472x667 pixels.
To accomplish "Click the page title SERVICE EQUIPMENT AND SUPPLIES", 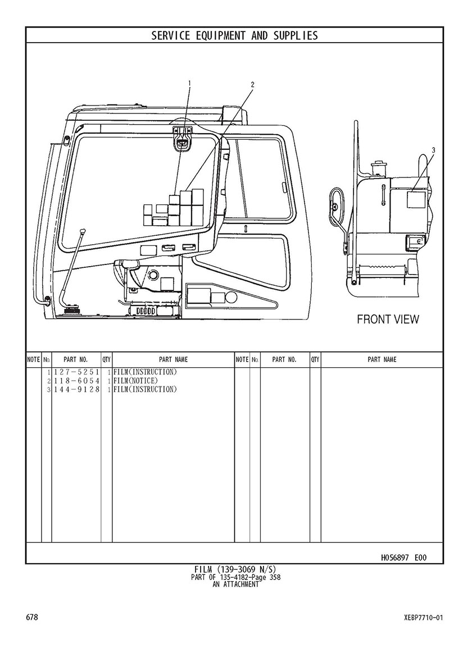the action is tap(234, 35).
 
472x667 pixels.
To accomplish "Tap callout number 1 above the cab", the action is tap(189, 83).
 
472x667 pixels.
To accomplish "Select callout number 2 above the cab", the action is tap(252, 84).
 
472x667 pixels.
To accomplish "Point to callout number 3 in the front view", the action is tap(434, 150).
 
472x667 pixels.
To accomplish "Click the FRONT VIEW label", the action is tap(388, 319).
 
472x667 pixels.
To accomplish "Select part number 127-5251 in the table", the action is tap(76, 372).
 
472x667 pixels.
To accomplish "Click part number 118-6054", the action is tap(76, 381).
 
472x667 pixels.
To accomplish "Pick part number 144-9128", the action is tap(76, 389).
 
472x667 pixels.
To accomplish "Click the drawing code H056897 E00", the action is tap(403, 558).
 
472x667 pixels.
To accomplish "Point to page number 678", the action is tap(32, 617).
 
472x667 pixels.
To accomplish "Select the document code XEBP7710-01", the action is tap(424, 618).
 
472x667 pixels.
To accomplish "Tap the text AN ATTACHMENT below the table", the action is tap(235, 584).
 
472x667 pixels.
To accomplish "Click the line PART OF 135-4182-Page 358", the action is tap(235, 577).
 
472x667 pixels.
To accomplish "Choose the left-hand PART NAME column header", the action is tap(173, 359).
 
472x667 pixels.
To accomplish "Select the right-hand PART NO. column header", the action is tap(284, 359).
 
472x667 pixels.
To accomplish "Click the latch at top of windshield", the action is tap(183, 139).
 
